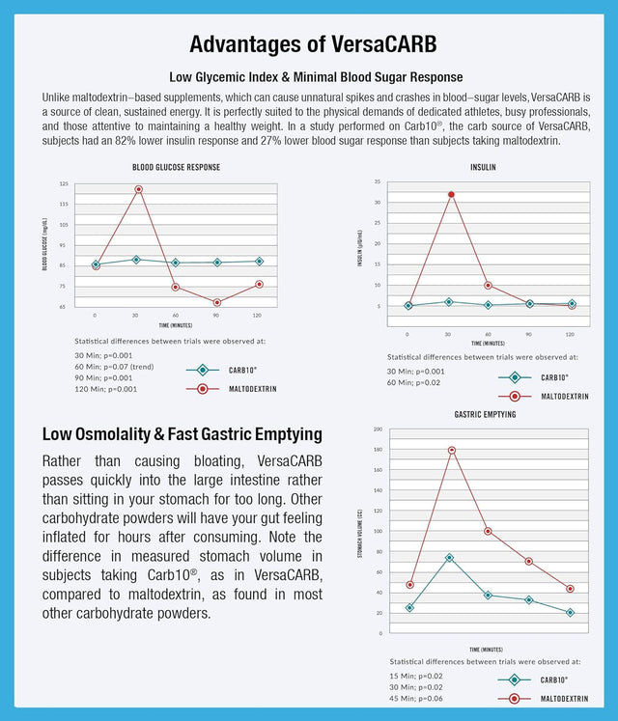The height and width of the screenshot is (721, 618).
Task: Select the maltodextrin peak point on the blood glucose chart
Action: point(137,189)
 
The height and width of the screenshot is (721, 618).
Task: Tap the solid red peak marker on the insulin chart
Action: point(451,194)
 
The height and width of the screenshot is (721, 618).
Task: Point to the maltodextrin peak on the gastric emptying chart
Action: point(451,451)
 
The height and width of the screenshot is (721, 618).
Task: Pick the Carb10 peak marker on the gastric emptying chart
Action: point(449,557)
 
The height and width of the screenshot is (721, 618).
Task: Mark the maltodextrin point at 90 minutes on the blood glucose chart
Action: point(217,303)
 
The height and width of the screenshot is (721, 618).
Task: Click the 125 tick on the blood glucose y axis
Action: point(64,183)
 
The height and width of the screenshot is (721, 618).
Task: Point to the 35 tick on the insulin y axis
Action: point(377,181)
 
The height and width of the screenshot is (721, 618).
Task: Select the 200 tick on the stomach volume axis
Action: point(378,430)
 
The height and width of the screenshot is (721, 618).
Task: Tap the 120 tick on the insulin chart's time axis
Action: point(570,334)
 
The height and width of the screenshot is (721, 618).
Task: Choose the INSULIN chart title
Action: point(484,167)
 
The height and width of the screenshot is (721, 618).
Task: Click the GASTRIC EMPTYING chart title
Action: point(484,414)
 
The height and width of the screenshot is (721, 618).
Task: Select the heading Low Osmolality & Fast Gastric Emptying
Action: point(183,434)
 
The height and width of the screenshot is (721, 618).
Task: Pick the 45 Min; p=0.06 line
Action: point(417,698)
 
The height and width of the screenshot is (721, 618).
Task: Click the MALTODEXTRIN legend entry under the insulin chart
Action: point(564,396)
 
